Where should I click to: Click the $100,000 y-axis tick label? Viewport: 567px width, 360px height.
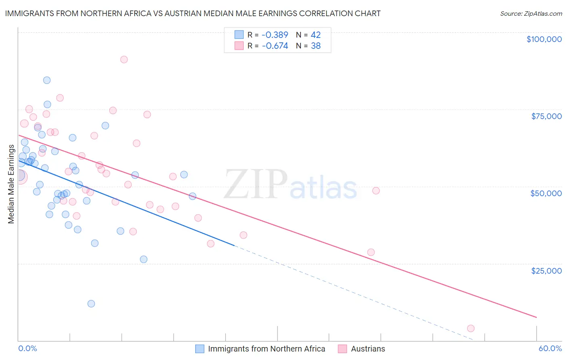tap(544, 39)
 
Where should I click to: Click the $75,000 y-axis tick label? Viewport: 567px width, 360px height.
tap(546, 116)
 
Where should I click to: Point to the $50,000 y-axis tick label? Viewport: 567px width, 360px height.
tap(546, 193)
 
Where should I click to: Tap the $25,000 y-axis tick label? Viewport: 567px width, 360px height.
tap(546, 270)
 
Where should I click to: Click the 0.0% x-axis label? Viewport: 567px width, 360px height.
tap(27, 348)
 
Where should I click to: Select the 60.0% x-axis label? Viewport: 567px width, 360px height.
tap(550, 348)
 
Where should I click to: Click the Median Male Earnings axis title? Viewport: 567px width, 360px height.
tap(11, 184)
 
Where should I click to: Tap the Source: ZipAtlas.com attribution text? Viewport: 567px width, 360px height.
tap(531, 14)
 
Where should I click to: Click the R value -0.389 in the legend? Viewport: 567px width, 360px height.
tap(275, 35)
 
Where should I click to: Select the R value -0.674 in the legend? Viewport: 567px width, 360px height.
tap(275, 46)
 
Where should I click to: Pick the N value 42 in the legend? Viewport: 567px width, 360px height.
tap(315, 35)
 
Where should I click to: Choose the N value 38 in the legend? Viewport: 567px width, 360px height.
tap(315, 46)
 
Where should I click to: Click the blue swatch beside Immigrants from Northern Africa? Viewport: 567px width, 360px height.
tap(200, 349)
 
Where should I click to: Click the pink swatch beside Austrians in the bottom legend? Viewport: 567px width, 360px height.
tap(342, 349)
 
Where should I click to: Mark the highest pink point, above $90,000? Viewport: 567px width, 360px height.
tap(124, 59)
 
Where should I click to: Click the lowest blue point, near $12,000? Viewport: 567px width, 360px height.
tap(91, 303)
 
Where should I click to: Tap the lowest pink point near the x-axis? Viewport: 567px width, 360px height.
tap(471, 328)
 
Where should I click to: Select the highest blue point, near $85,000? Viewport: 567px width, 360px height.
tap(47, 80)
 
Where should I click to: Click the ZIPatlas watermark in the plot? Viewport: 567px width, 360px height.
tap(290, 184)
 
